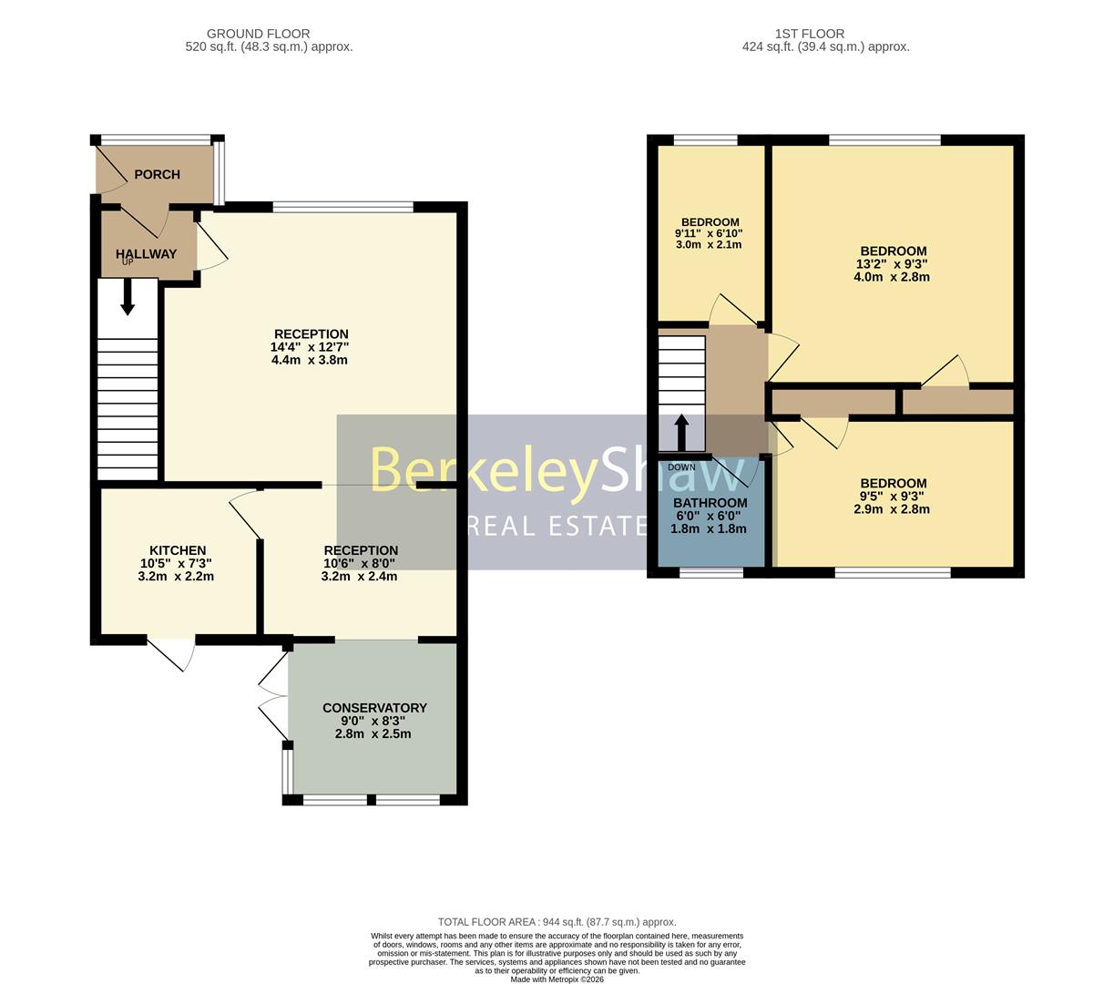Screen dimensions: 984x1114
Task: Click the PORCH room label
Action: (157, 174)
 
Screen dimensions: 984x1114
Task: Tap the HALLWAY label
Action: (146, 254)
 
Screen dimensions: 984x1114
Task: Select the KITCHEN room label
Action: (178, 550)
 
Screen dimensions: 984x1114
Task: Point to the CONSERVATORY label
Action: (374, 708)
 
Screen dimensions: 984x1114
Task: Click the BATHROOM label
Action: (710, 503)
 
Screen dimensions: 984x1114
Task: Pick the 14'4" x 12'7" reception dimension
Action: (310, 347)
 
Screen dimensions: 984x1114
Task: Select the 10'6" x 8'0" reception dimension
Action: (361, 563)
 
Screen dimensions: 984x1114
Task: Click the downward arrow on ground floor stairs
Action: (128, 296)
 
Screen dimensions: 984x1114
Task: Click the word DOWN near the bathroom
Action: (681, 467)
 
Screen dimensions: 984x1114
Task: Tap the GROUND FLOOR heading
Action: (258, 34)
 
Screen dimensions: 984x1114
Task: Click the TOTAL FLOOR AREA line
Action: (557, 922)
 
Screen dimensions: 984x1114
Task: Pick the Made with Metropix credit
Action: (557, 979)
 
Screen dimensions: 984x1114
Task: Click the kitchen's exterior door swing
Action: (173, 654)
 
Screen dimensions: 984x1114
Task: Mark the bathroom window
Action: (710, 572)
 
